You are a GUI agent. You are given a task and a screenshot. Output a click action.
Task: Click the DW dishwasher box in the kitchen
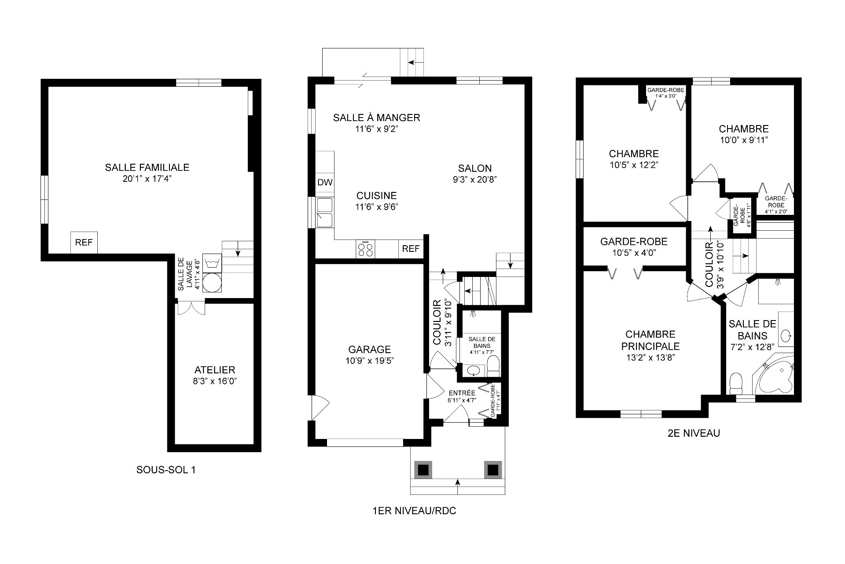[325, 182]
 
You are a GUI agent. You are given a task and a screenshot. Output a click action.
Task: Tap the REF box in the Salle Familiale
[84, 243]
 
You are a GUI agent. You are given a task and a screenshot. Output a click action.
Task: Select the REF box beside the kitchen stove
[411, 249]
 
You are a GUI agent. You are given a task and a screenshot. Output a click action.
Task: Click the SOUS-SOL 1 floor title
[166, 470]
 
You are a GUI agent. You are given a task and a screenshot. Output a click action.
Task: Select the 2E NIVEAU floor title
[694, 433]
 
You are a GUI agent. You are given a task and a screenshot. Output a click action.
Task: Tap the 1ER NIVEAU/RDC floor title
[414, 511]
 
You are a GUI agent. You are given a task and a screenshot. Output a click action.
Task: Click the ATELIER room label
[215, 370]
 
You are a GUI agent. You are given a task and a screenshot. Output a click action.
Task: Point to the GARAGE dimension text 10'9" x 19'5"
[369, 361]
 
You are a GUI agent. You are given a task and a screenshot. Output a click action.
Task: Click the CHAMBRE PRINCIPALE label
[650, 340]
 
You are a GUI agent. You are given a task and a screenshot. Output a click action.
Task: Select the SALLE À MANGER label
[376, 118]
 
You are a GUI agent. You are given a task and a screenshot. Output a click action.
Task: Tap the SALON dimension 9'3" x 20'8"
[474, 180]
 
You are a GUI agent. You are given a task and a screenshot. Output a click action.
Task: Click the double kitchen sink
[325, 212]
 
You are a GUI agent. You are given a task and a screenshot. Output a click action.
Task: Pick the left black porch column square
[423, 470]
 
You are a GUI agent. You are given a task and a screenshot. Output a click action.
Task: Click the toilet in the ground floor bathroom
[493, 366]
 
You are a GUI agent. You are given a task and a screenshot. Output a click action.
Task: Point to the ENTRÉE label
[462, 393]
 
